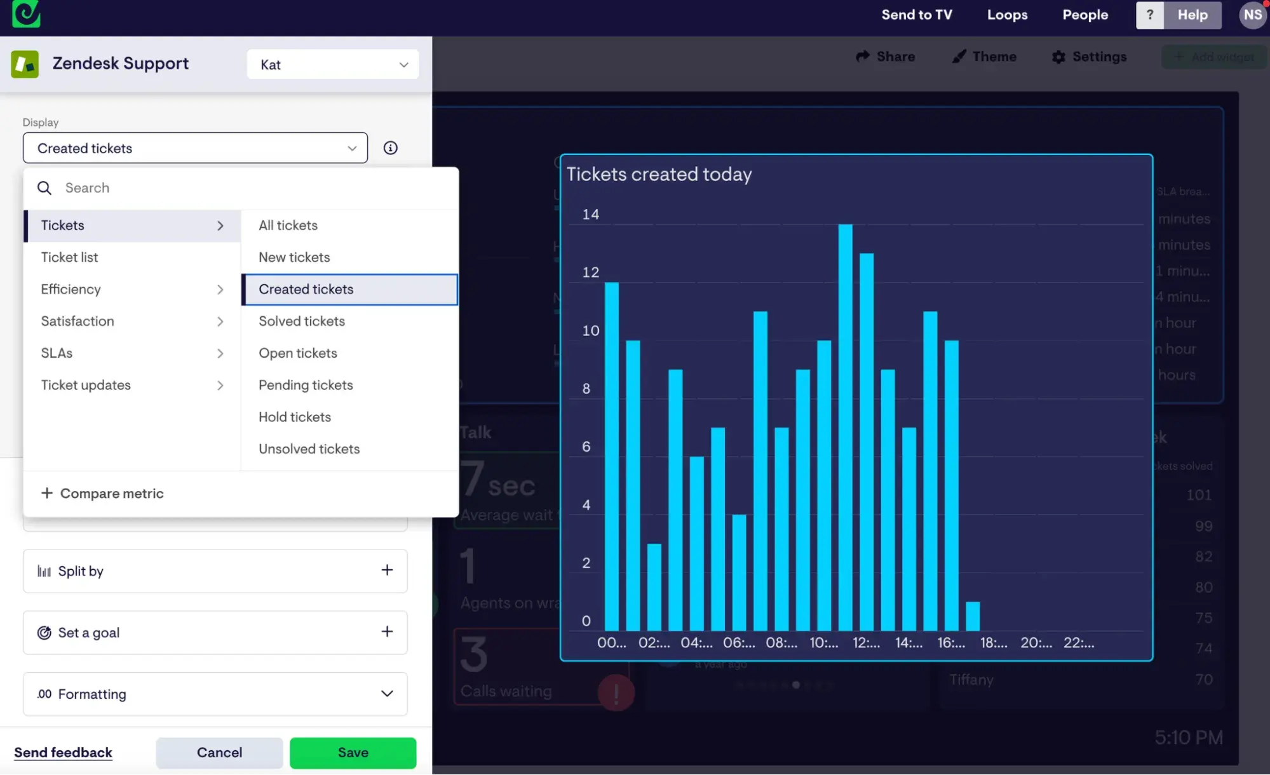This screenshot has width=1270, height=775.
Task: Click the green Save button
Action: (x=353, y=753)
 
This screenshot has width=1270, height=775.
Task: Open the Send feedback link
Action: (x=63, y=753)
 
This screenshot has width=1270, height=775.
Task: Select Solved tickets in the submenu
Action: (x=302, y=321)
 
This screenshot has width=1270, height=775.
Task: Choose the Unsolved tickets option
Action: (x=309, y=449)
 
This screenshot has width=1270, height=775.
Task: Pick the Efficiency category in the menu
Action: (x=71, y=290)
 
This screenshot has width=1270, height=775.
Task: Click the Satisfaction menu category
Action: (x=78, y=321)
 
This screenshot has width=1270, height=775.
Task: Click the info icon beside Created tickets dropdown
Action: (x=390, y=148)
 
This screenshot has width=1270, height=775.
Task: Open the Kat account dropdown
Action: (x=332, y=65)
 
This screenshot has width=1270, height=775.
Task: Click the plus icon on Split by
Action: (x=387, y=570)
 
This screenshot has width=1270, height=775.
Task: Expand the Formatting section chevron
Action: (x=387, y=694)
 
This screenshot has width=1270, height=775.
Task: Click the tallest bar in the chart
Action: (x=845, y=426)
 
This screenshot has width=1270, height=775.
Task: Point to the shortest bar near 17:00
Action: (x=972, y=616)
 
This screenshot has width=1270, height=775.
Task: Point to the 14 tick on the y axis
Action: (x=590, y=215)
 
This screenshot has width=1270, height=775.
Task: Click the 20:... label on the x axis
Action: (x=1036, y=643)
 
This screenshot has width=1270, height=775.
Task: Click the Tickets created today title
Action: (x=659, y=174)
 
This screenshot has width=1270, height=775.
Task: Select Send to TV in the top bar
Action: (x=916, y=15)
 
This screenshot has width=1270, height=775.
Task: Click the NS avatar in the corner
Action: (x=1252, y=15)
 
